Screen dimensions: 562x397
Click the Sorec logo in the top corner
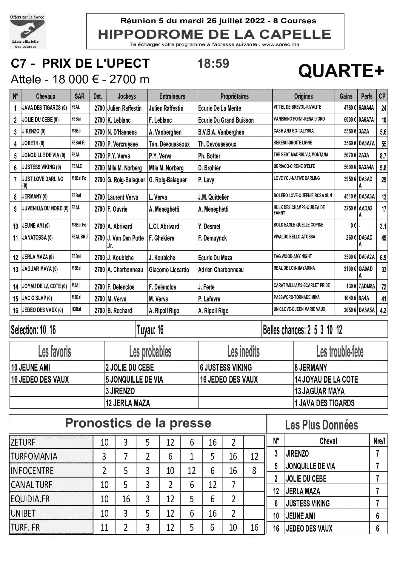point(27,31)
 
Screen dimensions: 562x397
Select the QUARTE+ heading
point(341,71)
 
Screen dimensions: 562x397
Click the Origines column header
point(303,96)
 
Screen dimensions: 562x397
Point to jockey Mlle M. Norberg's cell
point(124,168)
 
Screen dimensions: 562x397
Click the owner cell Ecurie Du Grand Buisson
point(226,120)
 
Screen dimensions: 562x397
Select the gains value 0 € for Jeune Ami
point(353,226)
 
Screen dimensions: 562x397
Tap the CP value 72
point(384,287)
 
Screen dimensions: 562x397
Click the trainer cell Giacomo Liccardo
point(169,270)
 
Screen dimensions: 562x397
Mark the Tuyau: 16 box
point(150,330)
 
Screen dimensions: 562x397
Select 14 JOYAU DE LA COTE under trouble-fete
point(326,379)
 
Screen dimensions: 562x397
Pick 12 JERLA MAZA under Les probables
point(127,403)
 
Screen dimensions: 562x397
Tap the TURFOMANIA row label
point(34,456)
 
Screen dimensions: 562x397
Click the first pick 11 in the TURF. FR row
point(104,527)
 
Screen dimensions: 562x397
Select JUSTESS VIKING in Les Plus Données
point(308,504)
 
